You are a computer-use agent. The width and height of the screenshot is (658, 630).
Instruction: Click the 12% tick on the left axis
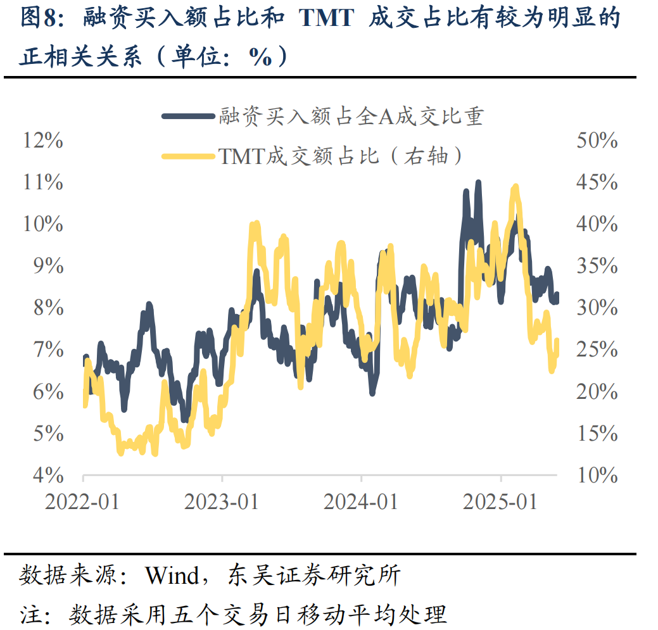tap(43, 141)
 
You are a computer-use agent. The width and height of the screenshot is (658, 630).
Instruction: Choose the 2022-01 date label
tap(82, 502)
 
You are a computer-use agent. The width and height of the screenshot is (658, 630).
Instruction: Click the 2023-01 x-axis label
tap(222, 502)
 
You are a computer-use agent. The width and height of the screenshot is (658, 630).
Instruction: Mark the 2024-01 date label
tap(361, 502)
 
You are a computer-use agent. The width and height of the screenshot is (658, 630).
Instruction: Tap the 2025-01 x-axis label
tap(500, 502)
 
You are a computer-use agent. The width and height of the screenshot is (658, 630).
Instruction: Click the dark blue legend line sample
tap(188, 116)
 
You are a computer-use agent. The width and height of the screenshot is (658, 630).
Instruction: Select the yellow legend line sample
tap(188, 154)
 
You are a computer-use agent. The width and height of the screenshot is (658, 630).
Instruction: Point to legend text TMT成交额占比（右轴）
tap(342, 155)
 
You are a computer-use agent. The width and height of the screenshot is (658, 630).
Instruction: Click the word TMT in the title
tap(326, 18)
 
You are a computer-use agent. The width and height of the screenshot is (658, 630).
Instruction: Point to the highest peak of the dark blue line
tap(478, 184)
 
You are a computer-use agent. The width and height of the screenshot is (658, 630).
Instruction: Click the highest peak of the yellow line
tap(516, 187)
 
